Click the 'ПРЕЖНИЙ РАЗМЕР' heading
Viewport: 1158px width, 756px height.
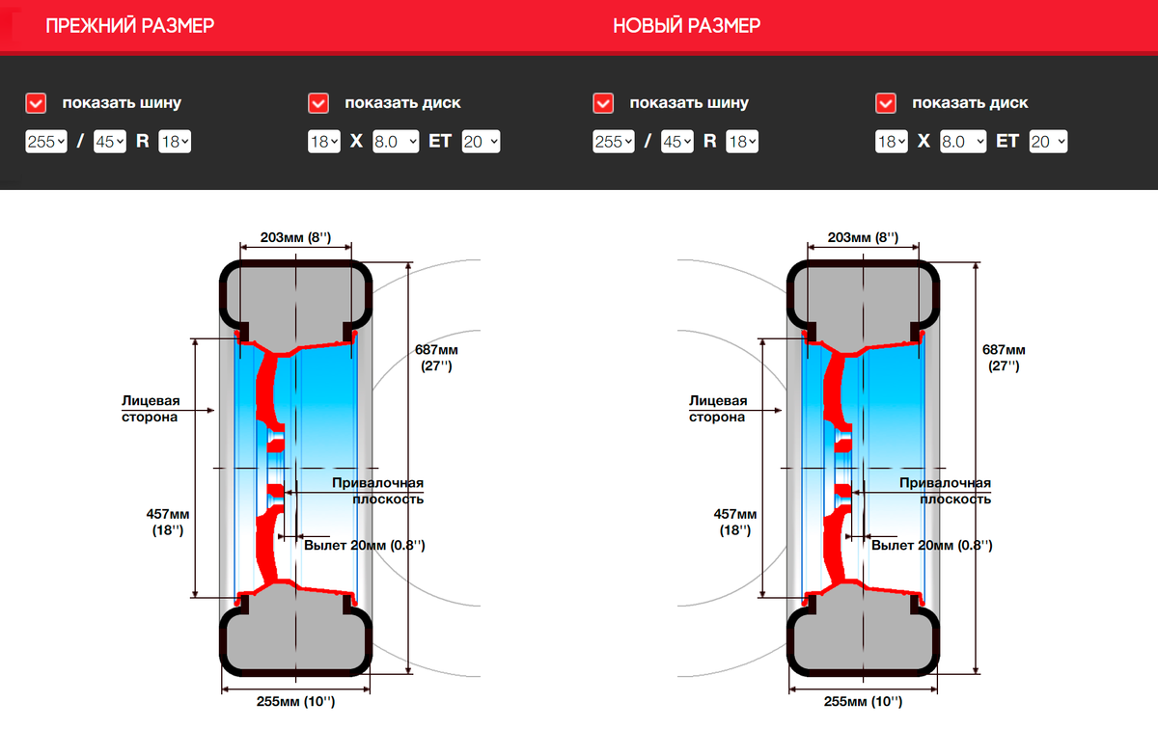[x=129, y=25]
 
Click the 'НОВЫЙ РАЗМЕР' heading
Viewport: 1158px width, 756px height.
[x=686, y=25]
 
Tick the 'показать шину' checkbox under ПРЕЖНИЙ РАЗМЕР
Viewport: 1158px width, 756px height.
[x=36, y=103]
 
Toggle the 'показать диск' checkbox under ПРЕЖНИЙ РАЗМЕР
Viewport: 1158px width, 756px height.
[x=318, y=103]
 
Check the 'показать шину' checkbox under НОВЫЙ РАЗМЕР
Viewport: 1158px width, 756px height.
[x=603, y=103]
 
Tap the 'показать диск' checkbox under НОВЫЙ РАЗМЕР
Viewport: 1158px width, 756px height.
[x=886, y=103]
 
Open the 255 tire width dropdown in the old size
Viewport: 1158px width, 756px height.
[x=46, y=141]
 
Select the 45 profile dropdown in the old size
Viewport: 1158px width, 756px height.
[x=110, y=141]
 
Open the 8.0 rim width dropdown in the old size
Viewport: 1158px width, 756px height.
[x=396, y=141]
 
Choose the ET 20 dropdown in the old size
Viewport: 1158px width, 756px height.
[x=481, y=141]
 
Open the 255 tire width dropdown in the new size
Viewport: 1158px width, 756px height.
[x=614, y=141]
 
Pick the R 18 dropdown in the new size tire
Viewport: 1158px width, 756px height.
[x=742, y=141]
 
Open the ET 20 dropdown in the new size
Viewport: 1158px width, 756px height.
[x=1048, y=141]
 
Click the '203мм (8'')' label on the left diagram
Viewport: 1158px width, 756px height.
[x=295, y=237]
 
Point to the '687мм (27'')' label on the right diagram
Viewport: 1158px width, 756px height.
[x=1004, y=358]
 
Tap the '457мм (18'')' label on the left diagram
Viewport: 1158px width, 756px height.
[x=168, y=522]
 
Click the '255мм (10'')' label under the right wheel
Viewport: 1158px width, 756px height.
[x=863, y=701]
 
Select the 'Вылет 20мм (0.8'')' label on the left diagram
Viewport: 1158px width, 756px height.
[x=365, y=545]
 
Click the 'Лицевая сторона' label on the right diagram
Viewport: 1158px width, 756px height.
[x=718, y=409]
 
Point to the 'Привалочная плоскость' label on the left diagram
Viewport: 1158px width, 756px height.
[x=378, y=491]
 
